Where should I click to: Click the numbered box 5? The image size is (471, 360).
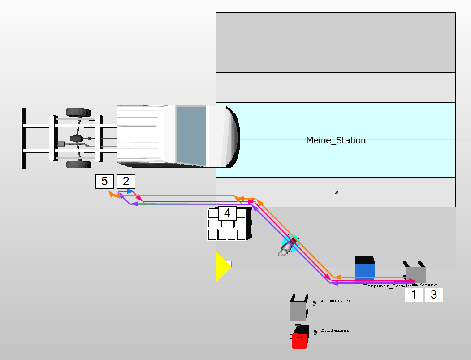[104, 181]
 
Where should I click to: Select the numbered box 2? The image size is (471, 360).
[126, 181]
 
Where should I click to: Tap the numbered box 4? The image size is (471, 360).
[227, 213]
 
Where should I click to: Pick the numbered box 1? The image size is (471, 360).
[414, 295]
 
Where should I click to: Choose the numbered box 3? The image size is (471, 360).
[434, 295]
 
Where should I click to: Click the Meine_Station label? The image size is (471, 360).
[336, 140]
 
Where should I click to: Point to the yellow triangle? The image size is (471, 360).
[222, 267]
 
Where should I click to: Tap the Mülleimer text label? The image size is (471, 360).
[335, 330]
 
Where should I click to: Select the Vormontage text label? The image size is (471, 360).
[336, 301]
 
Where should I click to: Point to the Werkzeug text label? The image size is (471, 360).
[425, 285]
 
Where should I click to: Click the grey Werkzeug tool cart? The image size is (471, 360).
[416, 273]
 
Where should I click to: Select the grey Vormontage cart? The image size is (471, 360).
[298, 309]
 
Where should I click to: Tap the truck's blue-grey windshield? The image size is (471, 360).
[191, 135]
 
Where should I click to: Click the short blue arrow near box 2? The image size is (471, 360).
[126, 191]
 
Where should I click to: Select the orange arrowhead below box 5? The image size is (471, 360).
[112, 194]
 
